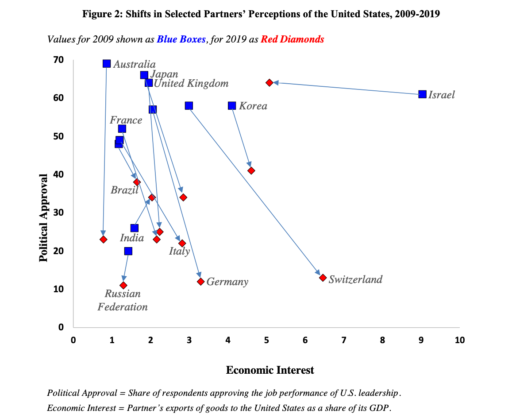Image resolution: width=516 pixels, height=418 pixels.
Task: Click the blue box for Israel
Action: tap(422, 94)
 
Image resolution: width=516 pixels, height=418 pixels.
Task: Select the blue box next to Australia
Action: tap(107, 64)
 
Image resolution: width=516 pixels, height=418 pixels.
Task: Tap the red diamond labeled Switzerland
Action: tap(323, 278)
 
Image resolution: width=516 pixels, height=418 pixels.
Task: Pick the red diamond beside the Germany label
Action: tap(200, 282)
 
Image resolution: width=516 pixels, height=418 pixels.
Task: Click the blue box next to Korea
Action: tap(232, 106)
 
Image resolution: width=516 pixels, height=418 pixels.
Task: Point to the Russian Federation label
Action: tap(123, 300)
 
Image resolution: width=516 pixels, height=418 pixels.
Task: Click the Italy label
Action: tap(179, 252)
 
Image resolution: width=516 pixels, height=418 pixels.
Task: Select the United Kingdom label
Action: tap(191, 83)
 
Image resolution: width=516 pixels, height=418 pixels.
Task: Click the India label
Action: tap(132, 238)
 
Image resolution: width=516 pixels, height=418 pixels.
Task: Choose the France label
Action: tap(126, 120)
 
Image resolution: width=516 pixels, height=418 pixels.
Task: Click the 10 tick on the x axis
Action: tap(459, 340)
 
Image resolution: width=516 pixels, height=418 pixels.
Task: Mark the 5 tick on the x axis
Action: tap(266, 340)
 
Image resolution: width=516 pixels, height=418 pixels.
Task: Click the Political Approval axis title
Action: tap(43, 217)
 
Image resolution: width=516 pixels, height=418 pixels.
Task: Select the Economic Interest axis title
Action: tap(270, 370)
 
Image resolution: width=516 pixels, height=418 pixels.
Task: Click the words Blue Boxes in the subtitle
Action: tap(181, 39)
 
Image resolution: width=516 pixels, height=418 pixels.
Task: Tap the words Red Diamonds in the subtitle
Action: tap(293, 39)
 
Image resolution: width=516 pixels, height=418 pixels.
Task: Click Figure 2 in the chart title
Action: tap(102, 14)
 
